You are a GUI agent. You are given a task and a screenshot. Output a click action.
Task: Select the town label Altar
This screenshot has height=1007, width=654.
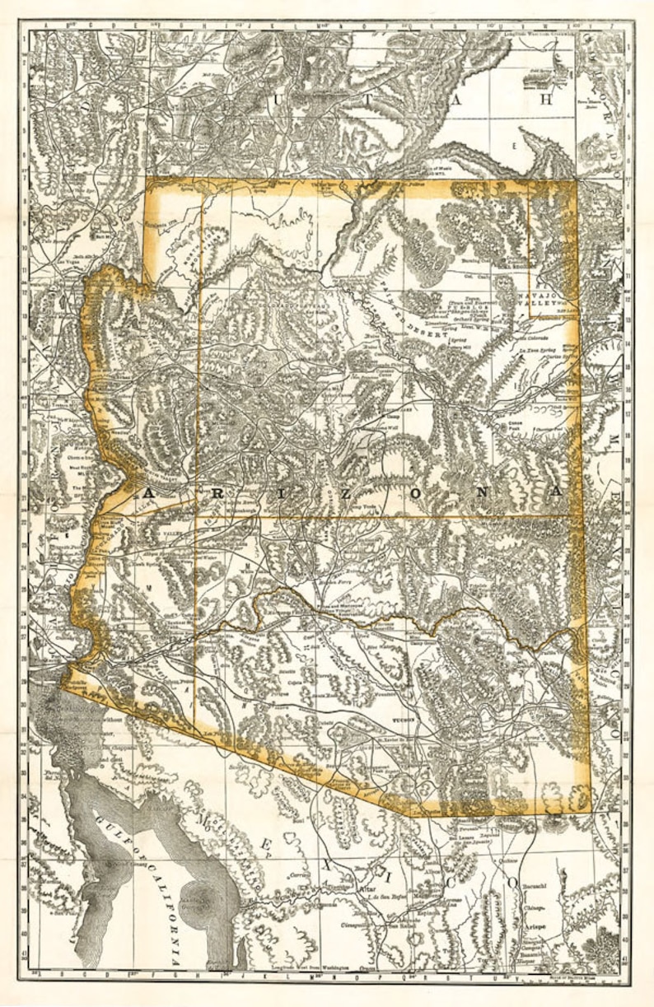[366, 890]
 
